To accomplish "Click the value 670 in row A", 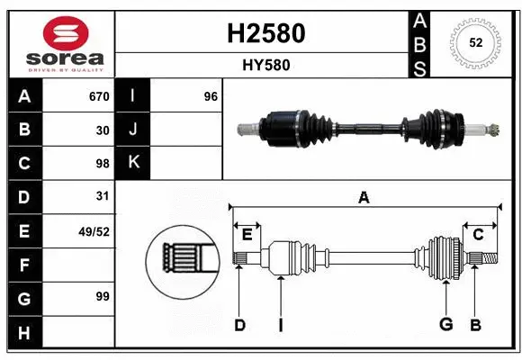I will point(98,96).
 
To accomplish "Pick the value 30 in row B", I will point(102,130).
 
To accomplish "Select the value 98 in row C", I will point(102,163).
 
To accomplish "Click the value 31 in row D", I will point(102,196).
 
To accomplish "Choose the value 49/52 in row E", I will point(94,231).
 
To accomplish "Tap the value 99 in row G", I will point(102,295).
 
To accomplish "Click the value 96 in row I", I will point(211,96).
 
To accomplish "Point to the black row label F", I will point(24,265).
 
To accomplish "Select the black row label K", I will point(133,163).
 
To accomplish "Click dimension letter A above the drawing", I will point(364,198).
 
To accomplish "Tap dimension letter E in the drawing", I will point(247,234).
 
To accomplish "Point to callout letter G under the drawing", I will point(445,325).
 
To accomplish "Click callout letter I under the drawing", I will point(280,325).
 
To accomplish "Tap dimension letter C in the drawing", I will point(479,234).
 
